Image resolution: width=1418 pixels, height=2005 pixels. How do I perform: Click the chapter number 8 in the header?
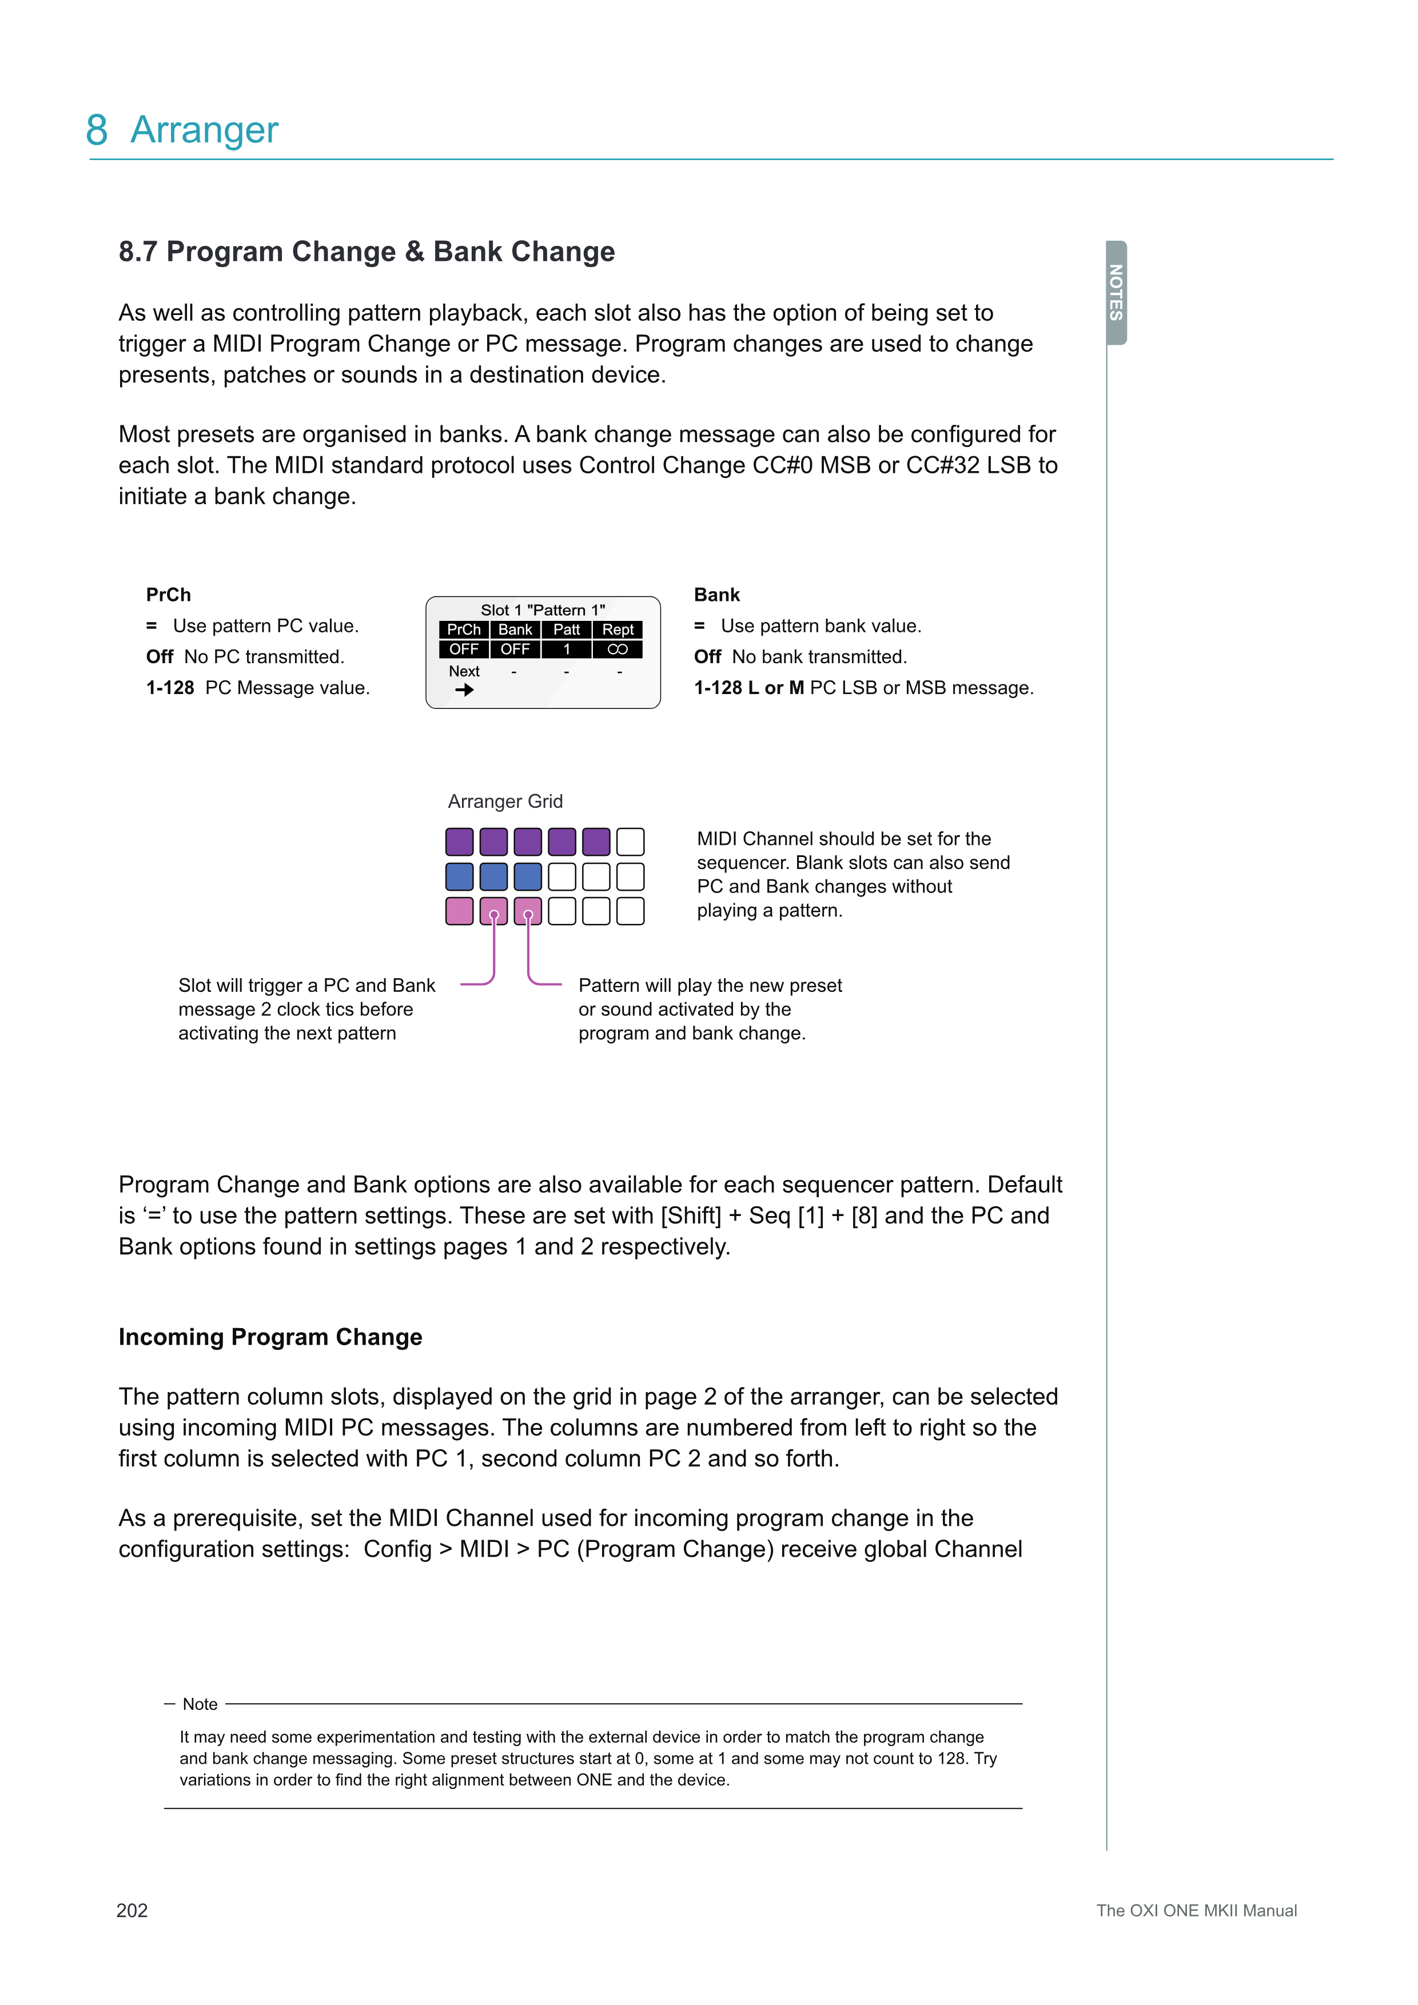coord(97,130)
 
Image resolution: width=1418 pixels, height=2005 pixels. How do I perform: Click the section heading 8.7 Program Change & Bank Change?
coord(367,252)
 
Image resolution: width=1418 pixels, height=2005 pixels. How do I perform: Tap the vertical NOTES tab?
coord(1116,293)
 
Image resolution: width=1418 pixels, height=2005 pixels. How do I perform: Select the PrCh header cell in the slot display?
coord(464,629)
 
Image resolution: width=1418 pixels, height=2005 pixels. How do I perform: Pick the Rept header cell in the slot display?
coord(618,629)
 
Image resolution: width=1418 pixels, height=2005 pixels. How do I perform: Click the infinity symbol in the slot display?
coord(618,649)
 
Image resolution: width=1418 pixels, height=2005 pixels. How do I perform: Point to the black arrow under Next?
coord(464,690)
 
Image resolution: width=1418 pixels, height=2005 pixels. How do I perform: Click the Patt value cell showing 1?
coord(567,649)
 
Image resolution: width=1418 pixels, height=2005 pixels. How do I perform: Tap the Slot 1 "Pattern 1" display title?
coord(542,609)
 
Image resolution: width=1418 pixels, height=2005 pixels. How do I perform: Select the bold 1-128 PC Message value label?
coord(170,688)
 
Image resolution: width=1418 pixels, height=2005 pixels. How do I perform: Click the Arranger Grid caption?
coord(505,802)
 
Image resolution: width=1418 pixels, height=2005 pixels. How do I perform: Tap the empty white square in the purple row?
coord(631,842)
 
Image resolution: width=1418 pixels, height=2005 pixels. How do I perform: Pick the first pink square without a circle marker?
coord(459,911)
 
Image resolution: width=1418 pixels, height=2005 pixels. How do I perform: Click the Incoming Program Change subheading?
coord(270,1337)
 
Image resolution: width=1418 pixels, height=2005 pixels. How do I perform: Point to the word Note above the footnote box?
coord(200,1704)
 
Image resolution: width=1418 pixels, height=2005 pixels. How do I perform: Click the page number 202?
coord(132,1911)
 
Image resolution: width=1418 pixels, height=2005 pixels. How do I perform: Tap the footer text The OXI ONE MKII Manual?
coord(1196,1911)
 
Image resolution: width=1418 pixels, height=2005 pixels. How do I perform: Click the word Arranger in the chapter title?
coord(204,130)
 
